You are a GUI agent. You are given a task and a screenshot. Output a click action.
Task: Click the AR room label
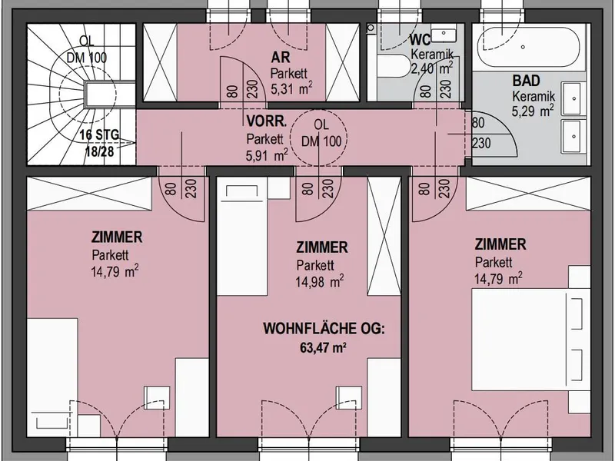(281, 57)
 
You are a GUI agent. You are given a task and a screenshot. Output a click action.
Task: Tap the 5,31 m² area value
(292, 88)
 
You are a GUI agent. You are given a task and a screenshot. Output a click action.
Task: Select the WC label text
(420, 39)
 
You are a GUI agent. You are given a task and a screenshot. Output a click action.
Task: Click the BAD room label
(527, 81)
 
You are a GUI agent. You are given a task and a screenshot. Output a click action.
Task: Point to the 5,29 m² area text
(533, 111)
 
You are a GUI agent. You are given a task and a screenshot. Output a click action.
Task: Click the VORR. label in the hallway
(267, 121)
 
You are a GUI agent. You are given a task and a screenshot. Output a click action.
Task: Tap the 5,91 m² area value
(267, 155)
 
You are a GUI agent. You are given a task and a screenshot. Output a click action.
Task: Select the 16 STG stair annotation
(99, 135)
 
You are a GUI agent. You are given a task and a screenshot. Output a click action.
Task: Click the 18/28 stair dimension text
(100, 151)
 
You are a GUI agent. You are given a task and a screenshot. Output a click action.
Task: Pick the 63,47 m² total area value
(323, 347)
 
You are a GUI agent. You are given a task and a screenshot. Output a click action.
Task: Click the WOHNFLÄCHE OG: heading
(324, 329)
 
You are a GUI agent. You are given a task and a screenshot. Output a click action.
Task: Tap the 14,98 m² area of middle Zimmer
(320, 281)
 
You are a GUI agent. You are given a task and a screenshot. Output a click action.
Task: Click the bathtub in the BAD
(529, 47)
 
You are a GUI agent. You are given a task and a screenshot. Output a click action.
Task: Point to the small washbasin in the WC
(444, 34)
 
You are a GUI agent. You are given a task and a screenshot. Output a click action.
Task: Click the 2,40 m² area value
(431, 68)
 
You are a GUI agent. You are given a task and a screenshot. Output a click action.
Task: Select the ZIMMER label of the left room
(117, 237)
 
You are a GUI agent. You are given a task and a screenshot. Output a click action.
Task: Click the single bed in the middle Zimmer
(242, 239)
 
